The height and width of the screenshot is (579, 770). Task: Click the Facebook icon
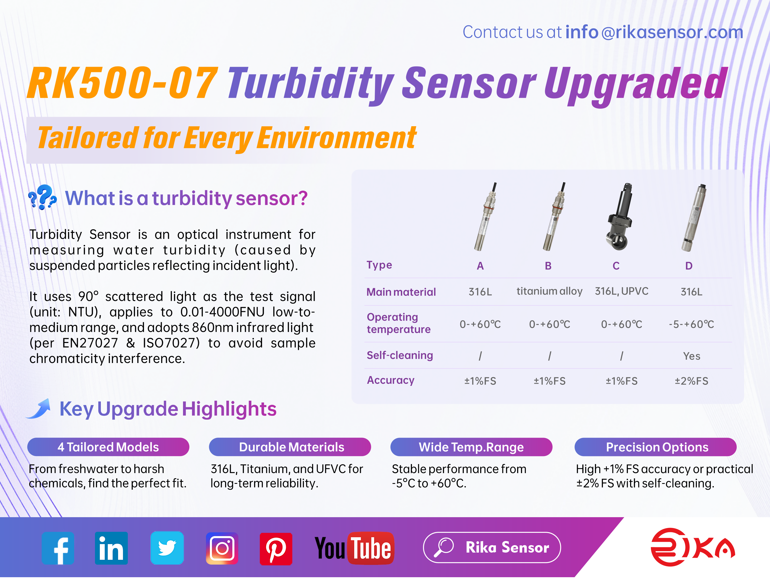tap(58, 548)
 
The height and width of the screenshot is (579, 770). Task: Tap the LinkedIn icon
tap(111, 548)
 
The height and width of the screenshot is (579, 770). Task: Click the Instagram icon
tap(222, 548)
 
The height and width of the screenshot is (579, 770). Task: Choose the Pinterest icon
tap(276, 549)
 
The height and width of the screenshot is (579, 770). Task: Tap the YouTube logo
tap(354, 548)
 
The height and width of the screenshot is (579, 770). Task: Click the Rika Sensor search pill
tap(492, 548)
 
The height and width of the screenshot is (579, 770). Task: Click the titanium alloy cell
tap(549, 291)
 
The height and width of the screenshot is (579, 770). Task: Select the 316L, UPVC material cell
tap(621, 291)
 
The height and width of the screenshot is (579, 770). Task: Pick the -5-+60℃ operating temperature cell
tap(691, 325)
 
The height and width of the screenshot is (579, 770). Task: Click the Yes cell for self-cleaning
tap(691, 356)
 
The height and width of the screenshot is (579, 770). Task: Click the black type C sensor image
tap(620, 218)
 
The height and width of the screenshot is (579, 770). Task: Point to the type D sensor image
tap(694, 218)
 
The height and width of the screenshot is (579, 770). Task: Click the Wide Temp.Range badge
tap(471, 447)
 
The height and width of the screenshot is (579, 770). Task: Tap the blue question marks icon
tap(42, 197)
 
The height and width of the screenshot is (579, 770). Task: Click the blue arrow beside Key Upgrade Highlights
tap(39, 409)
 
